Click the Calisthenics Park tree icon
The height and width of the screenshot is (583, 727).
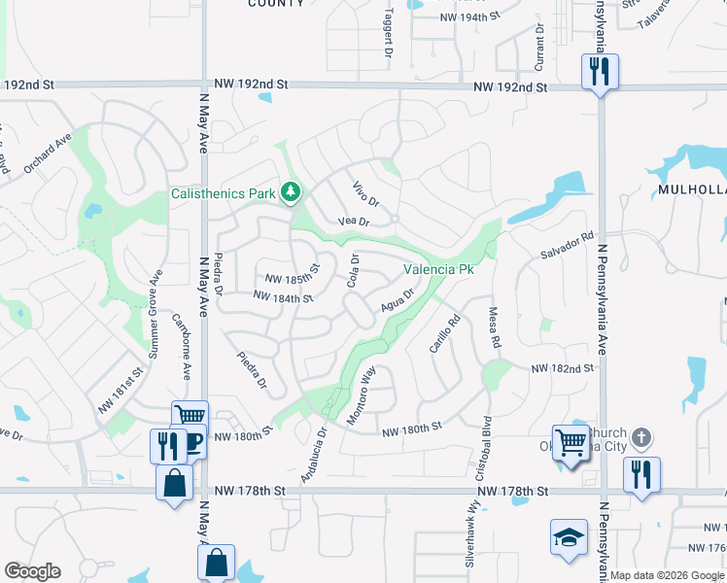[289, 192]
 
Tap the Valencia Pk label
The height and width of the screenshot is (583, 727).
[437, 269]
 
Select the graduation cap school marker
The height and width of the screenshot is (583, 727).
[569, 537]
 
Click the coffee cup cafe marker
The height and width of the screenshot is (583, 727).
[191, 442]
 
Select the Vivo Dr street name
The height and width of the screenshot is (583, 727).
[363, 195]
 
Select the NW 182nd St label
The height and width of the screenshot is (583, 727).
[562, 369]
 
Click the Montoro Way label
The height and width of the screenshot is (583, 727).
[362, 393]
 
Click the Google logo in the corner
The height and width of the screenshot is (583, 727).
[32, 571]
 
